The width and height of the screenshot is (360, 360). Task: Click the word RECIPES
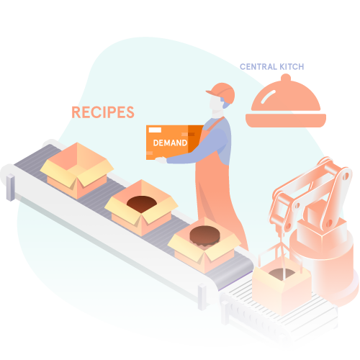pos(103,112)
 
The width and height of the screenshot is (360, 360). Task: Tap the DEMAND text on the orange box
pos(170,143)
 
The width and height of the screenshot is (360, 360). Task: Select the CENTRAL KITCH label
pos(272,67)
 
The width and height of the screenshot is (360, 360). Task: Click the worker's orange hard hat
pos(222,92)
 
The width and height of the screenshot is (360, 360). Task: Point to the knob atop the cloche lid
pos(286,78)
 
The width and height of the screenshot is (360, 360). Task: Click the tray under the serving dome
pos(286,120)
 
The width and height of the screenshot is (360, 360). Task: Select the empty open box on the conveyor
pos(77,170)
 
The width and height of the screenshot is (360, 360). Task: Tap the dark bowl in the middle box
pos(142,204)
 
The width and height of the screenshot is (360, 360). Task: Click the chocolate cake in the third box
pos(204,236)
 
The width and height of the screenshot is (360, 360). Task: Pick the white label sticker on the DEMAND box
pos(155,130)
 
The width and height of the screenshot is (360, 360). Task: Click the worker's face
pos(215,104)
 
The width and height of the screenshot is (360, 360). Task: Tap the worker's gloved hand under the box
pos(161,160)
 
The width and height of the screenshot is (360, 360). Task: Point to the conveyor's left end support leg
pos(11,187)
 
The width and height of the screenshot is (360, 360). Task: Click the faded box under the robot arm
pos(282,287)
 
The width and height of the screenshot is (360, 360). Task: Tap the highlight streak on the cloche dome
pos(268,96)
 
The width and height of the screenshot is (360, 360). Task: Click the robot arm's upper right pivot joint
pos(346,176)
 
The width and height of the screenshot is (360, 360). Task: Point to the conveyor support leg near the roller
pos(202,297)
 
